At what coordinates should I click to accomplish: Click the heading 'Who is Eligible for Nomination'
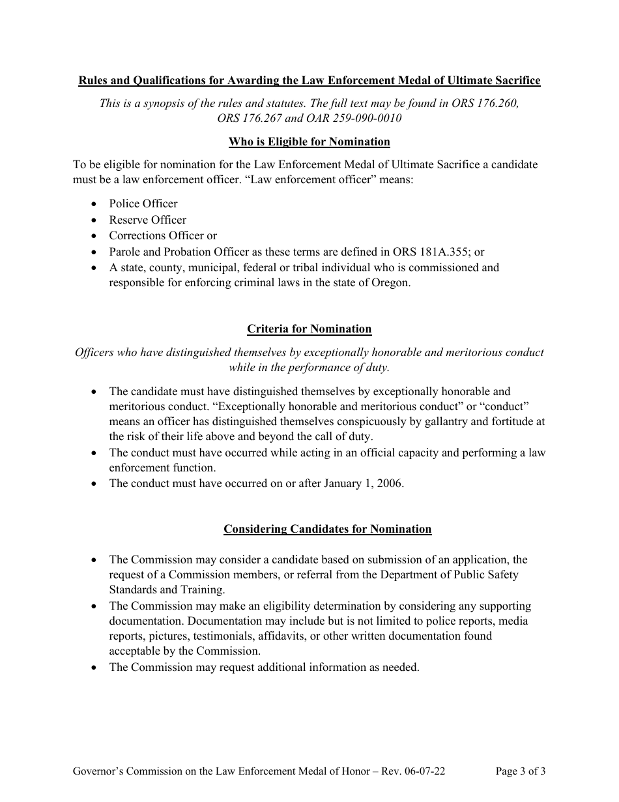(x=309, y=141)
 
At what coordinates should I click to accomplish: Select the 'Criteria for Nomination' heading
(x=309, y=329)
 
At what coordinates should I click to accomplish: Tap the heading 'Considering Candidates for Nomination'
(x=327, y=529)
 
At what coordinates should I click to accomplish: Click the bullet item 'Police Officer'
(x=143, y=203)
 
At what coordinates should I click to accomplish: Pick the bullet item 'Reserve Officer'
(x=147, y=220)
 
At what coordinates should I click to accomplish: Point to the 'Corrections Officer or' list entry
(x=163, y=235)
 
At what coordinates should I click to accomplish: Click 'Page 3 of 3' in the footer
(x=520, y=771)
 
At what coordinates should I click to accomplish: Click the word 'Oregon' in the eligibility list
(x=390, y=284)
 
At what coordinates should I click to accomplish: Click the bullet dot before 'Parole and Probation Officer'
(x=95, y=252)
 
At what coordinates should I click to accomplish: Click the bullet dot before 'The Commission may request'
(x=95, y=667)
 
